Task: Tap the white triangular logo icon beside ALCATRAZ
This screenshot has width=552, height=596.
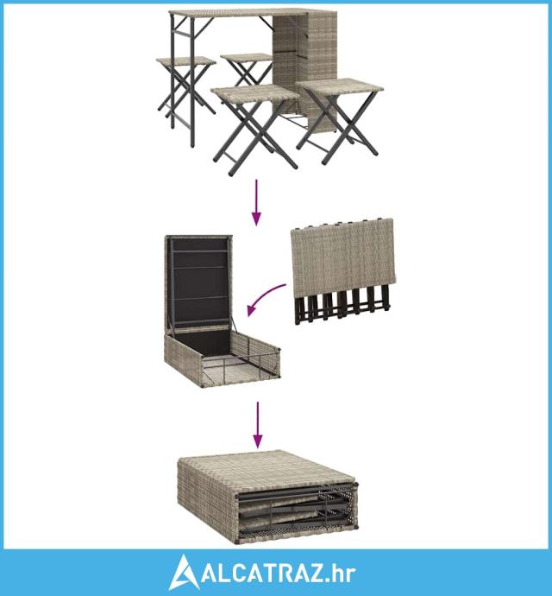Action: coord(184,572)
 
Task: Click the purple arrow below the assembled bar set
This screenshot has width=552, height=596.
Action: coord(257,203)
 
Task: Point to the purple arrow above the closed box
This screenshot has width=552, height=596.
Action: coord(258,425)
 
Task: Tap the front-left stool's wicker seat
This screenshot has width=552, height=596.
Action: coord(254,94)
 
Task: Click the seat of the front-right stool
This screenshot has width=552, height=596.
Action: coord(339,86)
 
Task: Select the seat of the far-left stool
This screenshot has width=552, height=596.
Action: coord(186,60)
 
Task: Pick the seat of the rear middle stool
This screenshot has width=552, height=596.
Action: coord(247,57)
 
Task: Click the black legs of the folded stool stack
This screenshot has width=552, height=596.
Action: coord(342,305)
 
